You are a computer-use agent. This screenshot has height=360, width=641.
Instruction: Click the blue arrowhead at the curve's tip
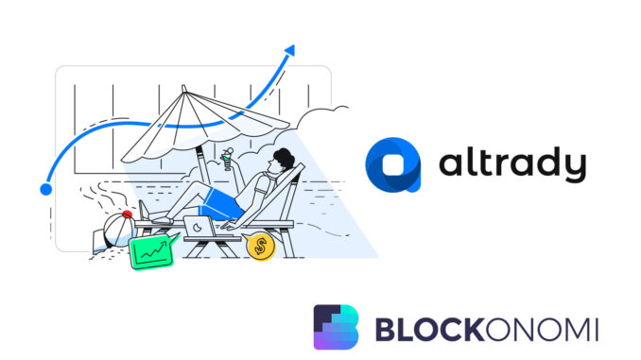[289, 50]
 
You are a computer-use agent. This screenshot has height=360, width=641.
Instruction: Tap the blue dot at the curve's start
[45, 189]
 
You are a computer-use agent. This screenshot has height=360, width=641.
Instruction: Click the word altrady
[511, 166]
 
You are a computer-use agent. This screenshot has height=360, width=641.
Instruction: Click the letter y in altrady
[572, 170]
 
